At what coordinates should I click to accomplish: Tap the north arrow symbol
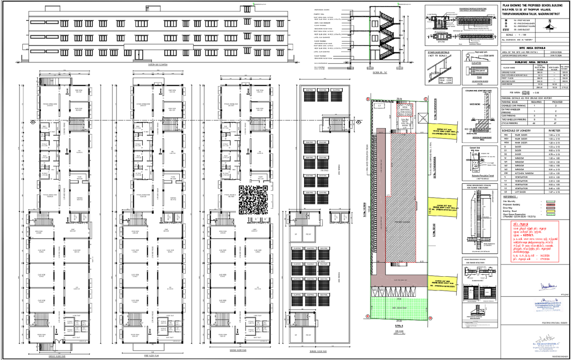point(551,25)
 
